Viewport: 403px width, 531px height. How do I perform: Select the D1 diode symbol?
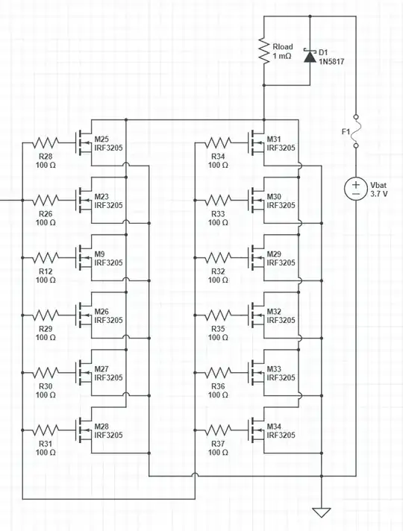tap(309, 55)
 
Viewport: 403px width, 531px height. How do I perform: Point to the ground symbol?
tap(322, 512)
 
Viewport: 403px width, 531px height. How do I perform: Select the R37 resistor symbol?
tap(218, 430)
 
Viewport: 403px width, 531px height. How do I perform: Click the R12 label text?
tap(46, 271)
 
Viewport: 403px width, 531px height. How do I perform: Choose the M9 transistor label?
tap(100, 254)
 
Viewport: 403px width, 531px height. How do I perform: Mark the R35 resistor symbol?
tap(218, 315)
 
